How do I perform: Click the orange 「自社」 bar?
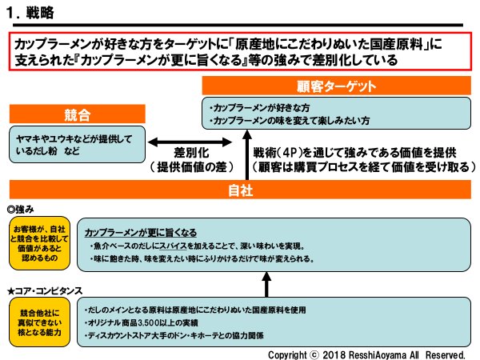(240, 190)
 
